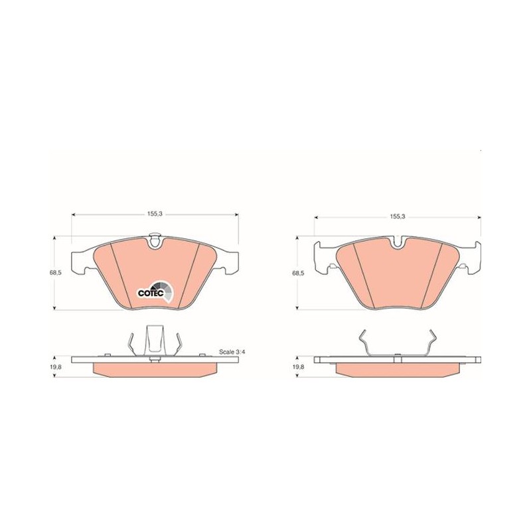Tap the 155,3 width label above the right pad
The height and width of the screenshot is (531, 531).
tap(397, 216)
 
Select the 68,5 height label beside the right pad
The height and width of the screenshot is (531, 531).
tap(299, 273)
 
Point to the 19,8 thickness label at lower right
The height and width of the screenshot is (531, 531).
tap(299, 367)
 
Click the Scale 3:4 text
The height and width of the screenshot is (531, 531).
tap(232, 352)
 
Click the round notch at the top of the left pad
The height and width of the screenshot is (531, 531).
tap(155, 241)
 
